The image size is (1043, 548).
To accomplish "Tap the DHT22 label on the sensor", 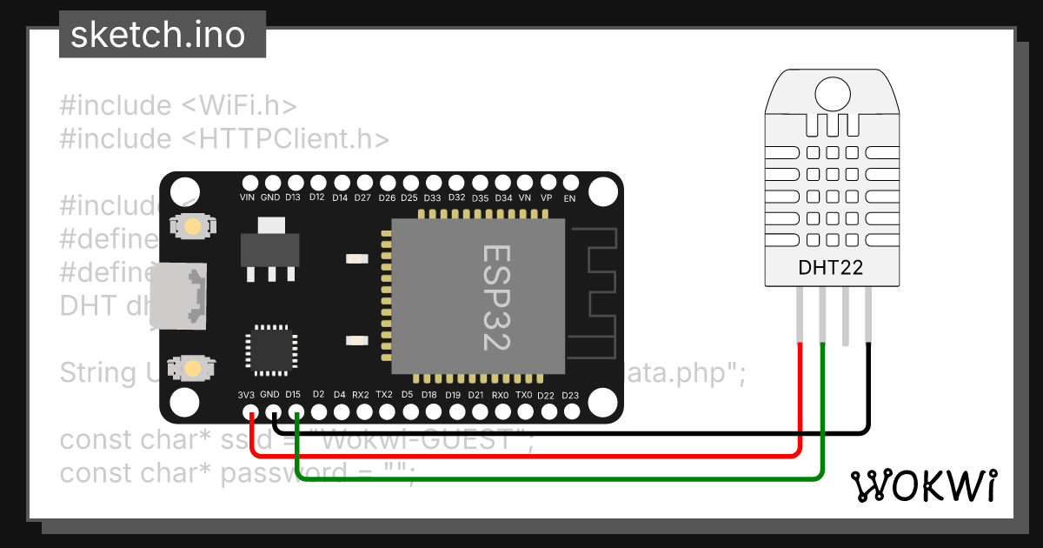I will [830, 268].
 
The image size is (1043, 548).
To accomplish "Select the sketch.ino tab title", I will [157, 36].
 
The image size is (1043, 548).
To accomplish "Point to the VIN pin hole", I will [249, 183].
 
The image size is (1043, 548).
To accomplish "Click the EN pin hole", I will [570, 183].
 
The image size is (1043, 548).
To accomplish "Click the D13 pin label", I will [294, 197].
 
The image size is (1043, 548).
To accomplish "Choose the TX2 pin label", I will [385, 395].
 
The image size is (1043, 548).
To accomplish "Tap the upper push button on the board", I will [190, 226].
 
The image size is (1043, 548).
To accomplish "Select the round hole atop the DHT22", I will [832, 92].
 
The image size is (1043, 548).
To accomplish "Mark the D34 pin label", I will [502, 197].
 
